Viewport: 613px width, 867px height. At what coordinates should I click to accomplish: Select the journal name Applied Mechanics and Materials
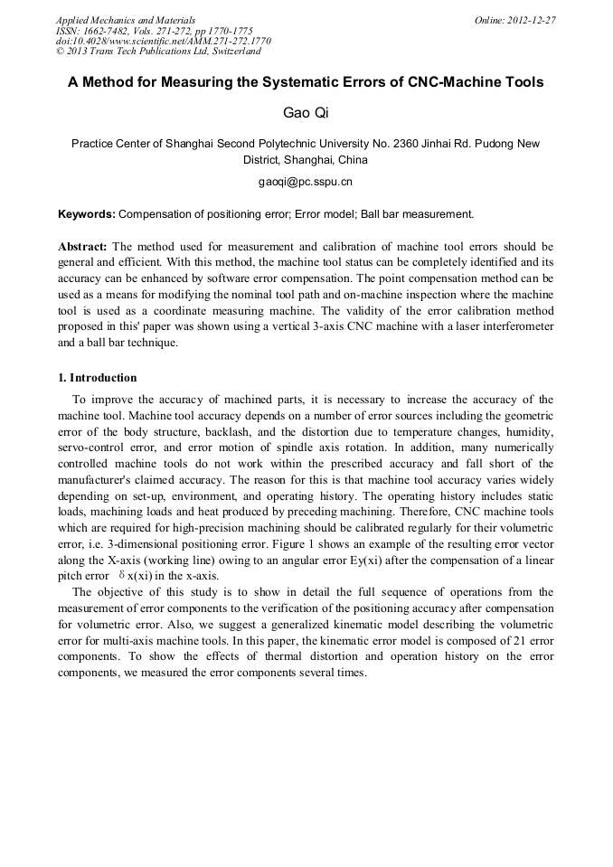(x=126, y=20)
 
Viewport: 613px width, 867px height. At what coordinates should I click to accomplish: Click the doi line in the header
(x=164, y=41)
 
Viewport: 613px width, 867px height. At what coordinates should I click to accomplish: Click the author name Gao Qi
(x=306, y=113)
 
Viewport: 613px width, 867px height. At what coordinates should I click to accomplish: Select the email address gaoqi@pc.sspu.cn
(x=306, y=182)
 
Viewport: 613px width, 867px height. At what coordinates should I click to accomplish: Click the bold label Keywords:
(x=87, y=214)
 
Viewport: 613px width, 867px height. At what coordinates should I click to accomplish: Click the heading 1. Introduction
(x=98, y=378)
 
